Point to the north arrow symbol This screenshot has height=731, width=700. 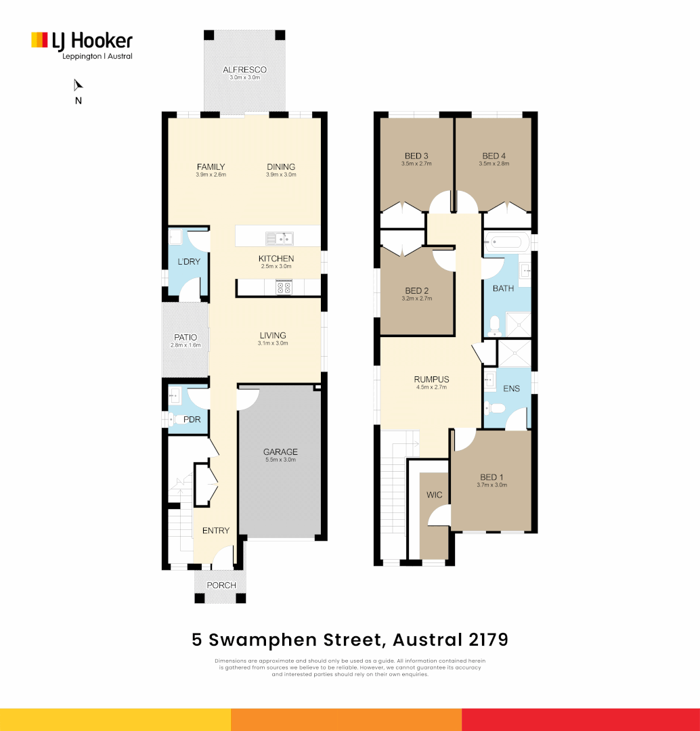click(x=78, y=85)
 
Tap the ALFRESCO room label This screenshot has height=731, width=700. click(x=244, y=70)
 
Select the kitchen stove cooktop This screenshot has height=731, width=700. click(x=283, y=287)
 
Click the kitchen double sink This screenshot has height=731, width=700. click(x=279, y=238)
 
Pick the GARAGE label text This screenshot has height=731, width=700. click(x=280, y=452)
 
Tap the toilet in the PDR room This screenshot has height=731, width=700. click(x=175, y=420)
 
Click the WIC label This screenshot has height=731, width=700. click(x=434, y=495)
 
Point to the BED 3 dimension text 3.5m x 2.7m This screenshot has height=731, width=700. click(x=416, y=163)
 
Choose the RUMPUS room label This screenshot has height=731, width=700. click(x=431, y=379)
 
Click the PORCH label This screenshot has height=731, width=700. click(x=221, y=585)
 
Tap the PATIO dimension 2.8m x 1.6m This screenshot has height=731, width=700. click(x=185, y=345)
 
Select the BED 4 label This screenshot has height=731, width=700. click(x=494, y=155)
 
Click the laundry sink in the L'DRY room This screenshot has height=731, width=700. click(x=175, y=237)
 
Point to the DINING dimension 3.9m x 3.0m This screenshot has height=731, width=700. click(x=280, y=175)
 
